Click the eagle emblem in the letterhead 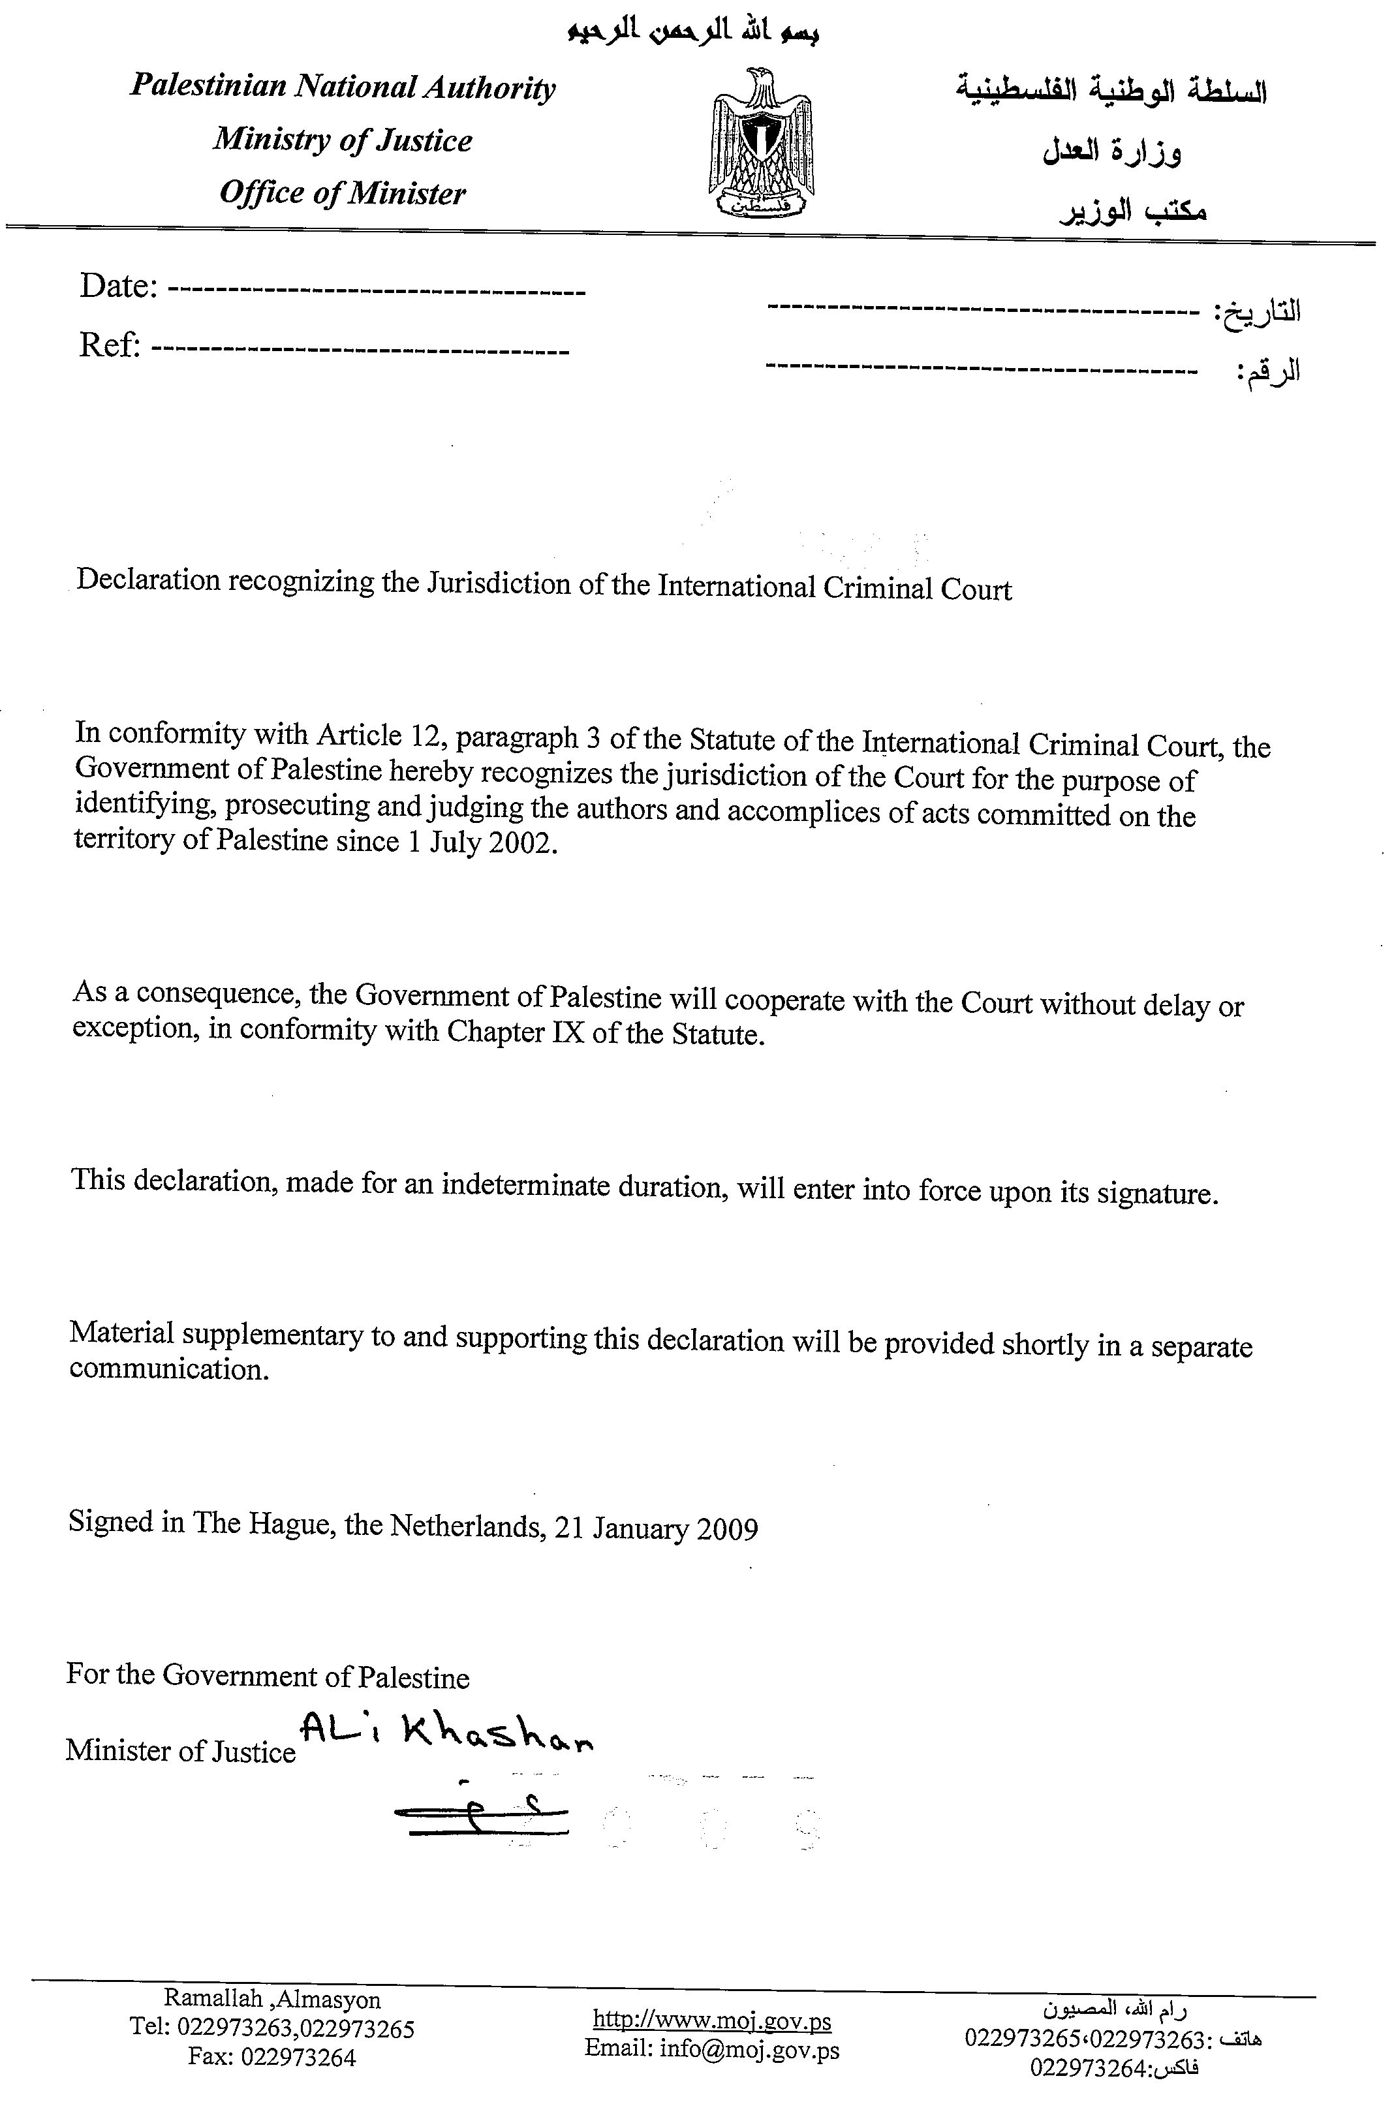761,142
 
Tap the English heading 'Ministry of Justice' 342,140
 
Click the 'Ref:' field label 110,345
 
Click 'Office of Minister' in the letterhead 342,193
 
